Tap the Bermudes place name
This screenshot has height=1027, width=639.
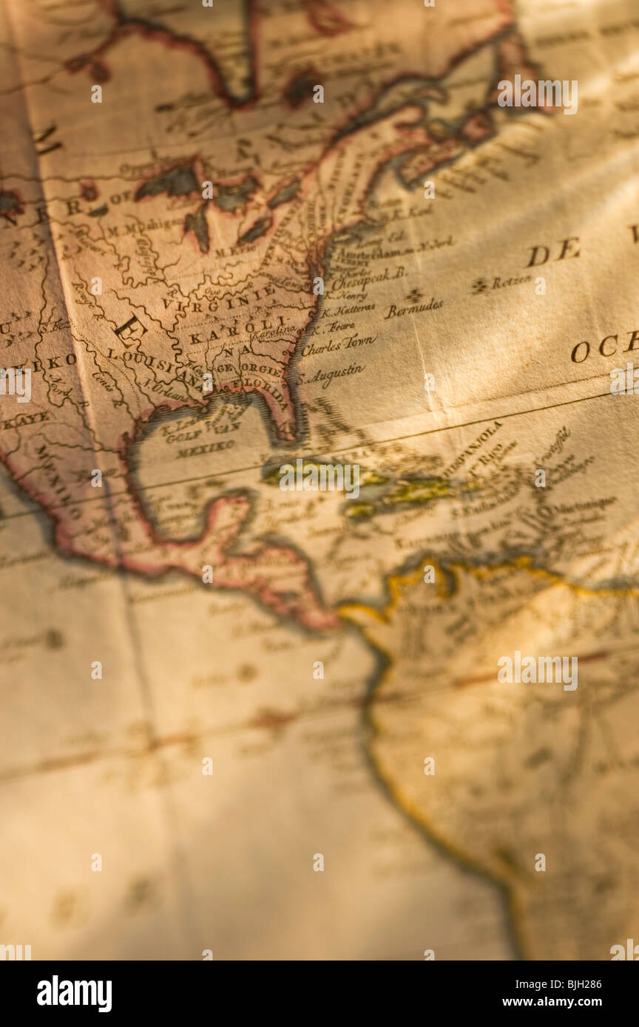(413, 308)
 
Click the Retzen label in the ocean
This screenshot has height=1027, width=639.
(511, 281)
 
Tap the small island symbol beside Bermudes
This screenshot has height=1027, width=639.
(414, 295)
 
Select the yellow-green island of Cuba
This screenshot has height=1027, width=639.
(318, 473)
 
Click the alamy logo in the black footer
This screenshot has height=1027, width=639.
(75, 994)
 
